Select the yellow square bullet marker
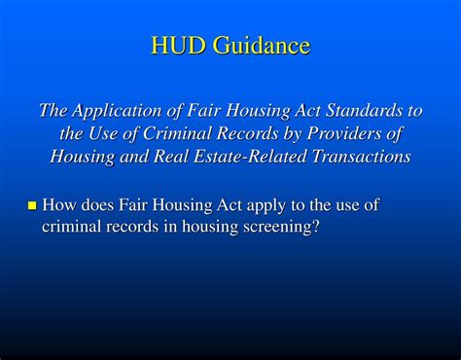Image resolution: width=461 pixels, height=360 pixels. click(x=31, y=205)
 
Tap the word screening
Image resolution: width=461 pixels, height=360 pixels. click(x=281, y=227)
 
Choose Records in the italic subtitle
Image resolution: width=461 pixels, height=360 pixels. click(x=254, y=133)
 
